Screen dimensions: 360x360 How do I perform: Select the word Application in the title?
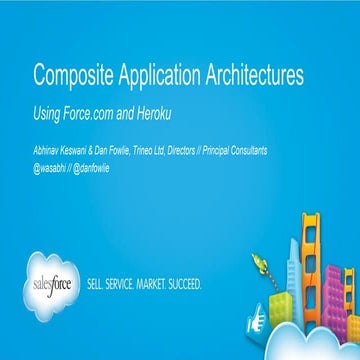(160, 75)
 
